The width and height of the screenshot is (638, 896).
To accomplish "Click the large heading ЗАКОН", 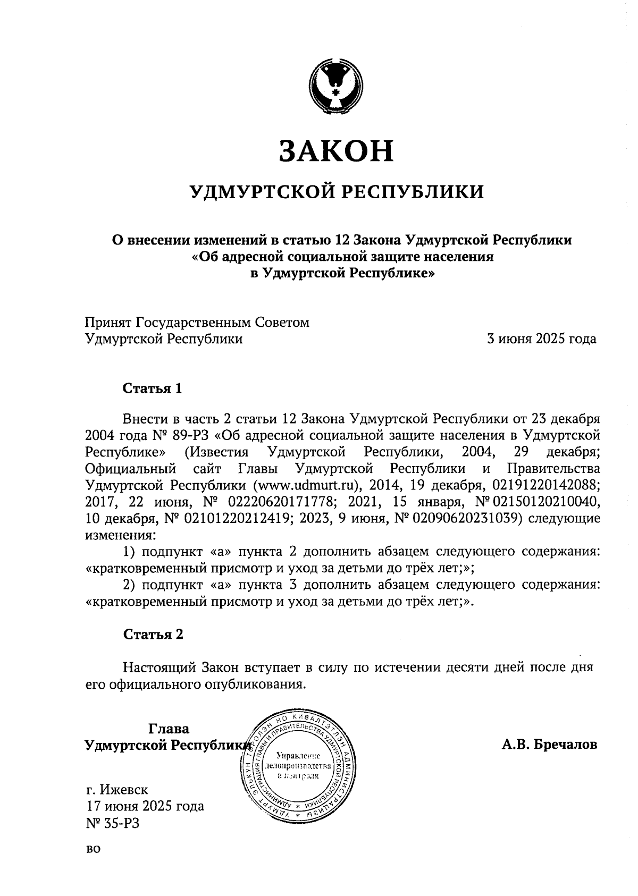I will (336, 151).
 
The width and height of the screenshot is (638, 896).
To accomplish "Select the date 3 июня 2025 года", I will (542, 339).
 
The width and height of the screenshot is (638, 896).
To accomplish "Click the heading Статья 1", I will (153, 388).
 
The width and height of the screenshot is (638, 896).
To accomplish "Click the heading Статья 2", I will (153, 634).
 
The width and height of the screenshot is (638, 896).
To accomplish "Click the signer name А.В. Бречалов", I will (549, 744).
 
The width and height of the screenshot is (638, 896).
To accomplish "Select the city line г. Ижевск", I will (117, 789).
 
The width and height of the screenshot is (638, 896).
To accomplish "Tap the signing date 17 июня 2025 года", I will (145, 806).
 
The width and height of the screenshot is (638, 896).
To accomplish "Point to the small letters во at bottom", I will (93, 849).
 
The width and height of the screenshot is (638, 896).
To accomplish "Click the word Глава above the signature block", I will (169, 728).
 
